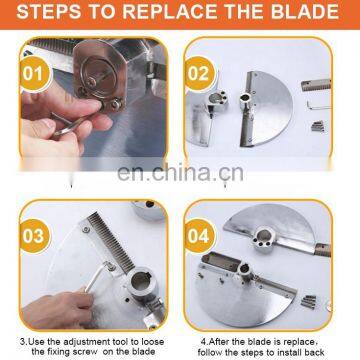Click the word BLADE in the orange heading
(x=305, y=12)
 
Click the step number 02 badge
(x=200, y=74)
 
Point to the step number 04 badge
(x=199, y=236)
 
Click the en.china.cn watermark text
(x=180, y=173)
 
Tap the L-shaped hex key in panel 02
(x=318, y=106)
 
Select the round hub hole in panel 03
(x=140, y=282)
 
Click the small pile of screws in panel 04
(x=308, y=301)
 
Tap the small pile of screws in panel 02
(x=318, y=126)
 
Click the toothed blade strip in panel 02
(x=316, y=85)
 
